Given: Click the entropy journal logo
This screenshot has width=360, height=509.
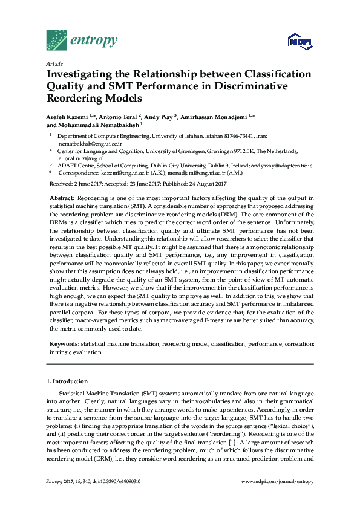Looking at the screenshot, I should pyautogui.click(x=81, y=41).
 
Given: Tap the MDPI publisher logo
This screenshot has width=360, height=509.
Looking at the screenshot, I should pyautogui.click(x=299, y=41).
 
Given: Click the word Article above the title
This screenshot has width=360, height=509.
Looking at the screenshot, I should pyautogui.click(x=55, y=63).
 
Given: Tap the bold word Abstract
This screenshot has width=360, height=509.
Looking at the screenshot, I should pyautogui.click(x=61, y=198).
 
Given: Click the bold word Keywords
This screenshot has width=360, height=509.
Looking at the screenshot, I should pyautogui.click(x=64, y=343).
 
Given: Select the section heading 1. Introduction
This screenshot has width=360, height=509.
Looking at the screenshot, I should pyautogui.click(x=67, y=381).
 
